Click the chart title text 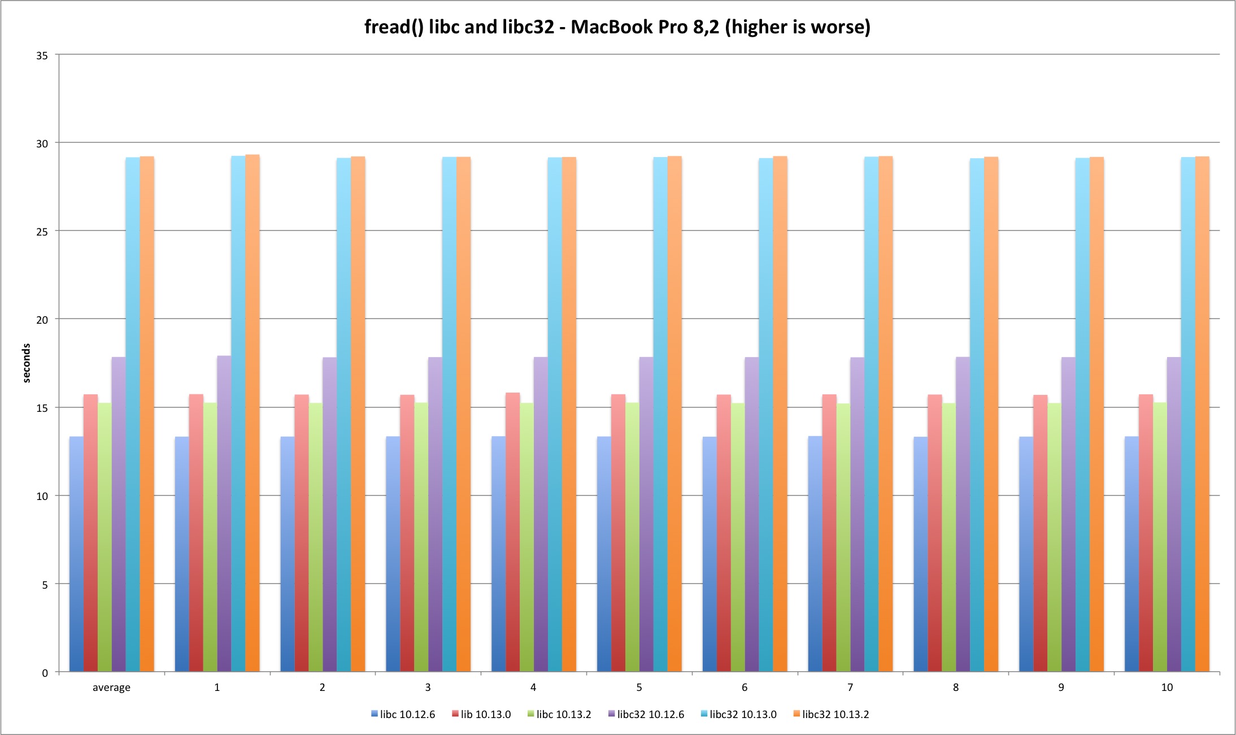(x=617, y=27)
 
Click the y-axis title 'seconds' (x=27, y=363)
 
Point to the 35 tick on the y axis (x=42, y=55)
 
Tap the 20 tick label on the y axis (x=42, y=320)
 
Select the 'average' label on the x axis (x=111, y=688)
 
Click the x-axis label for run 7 (x=850, y=688)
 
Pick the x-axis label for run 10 (x=1167, y=688)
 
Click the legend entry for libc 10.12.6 (x=403, y=715)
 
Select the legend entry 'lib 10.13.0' (x=481, y=715)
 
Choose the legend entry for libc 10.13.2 (x=559, y=715)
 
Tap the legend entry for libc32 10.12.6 (x=646, y=715)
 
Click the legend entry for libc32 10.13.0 (x=739, y=715)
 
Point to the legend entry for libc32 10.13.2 (x=832, y=715)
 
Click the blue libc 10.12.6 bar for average (x=76, y=554)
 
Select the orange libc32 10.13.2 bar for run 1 (x=253, y=412)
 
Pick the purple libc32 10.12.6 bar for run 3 (x=435, y=514)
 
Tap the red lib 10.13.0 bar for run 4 (x=512, y=531)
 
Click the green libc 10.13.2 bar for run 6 (x=738, y=537)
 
